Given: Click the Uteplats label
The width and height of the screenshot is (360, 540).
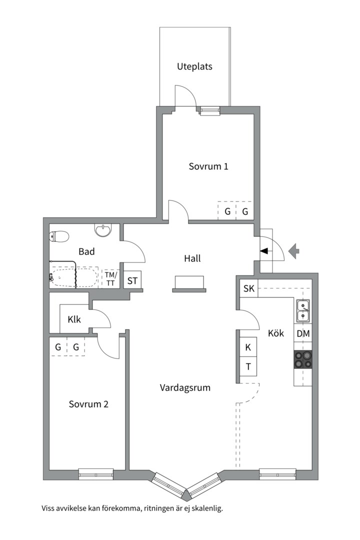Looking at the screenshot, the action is tap(194, 66).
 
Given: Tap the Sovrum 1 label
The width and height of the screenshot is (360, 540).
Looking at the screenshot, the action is tap(208, 166).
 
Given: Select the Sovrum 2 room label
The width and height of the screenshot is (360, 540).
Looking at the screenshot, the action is tap(88, 404).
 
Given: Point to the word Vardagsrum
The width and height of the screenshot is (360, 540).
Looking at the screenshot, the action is tap(185, 388).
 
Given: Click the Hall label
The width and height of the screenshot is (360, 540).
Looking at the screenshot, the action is tap(192, 258).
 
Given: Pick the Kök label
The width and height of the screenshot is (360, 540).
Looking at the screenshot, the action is tap(276, 333).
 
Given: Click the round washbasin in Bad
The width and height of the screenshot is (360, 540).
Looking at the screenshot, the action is tap(103, 230).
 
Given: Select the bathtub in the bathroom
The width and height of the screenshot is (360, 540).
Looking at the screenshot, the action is tap(73, 277).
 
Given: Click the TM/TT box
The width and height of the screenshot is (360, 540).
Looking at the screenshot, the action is tap(110, 278).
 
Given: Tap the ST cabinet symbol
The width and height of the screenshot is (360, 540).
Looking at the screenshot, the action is tap(132, 280).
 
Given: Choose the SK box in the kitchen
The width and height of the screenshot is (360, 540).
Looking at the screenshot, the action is tap(248, 288).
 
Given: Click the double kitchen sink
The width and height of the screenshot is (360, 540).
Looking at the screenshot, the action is tap(303, 310).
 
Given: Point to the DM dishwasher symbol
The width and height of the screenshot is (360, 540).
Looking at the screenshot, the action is tap(303, 333).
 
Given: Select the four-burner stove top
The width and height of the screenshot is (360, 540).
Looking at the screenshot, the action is tap(303, 360).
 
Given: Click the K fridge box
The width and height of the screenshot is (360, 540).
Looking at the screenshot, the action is tap(248, 347).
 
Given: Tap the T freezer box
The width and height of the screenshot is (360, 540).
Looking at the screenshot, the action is tap(248, 366).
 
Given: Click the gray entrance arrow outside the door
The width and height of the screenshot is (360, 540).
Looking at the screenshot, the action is tap(294, 250).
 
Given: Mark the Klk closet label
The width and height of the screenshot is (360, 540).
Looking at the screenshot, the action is tap(74, 319).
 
